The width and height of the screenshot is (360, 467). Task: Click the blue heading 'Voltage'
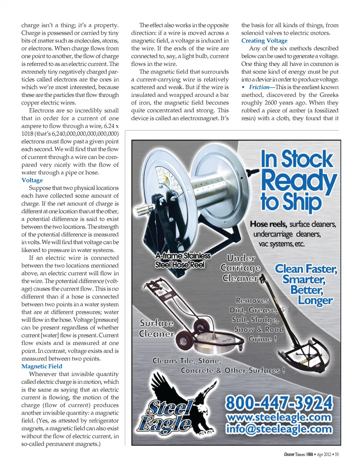(32, 180)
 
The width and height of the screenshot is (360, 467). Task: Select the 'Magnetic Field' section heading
(42, 366)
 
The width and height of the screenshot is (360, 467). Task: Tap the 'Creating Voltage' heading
(264, 41)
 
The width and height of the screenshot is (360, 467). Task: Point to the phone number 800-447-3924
(279, 403)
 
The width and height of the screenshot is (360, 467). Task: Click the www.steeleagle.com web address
(279, 417)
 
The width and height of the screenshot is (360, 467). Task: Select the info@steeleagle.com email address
(279, 429)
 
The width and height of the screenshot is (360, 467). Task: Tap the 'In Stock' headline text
(297, 159)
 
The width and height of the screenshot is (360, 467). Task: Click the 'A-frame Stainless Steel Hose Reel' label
(183, 260)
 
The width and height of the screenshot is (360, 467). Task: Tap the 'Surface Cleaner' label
(157, 328)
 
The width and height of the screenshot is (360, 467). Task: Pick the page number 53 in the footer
(336, 454)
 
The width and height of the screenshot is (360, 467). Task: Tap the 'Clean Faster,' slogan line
(306, 269)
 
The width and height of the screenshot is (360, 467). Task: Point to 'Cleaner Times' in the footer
(294, 454)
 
